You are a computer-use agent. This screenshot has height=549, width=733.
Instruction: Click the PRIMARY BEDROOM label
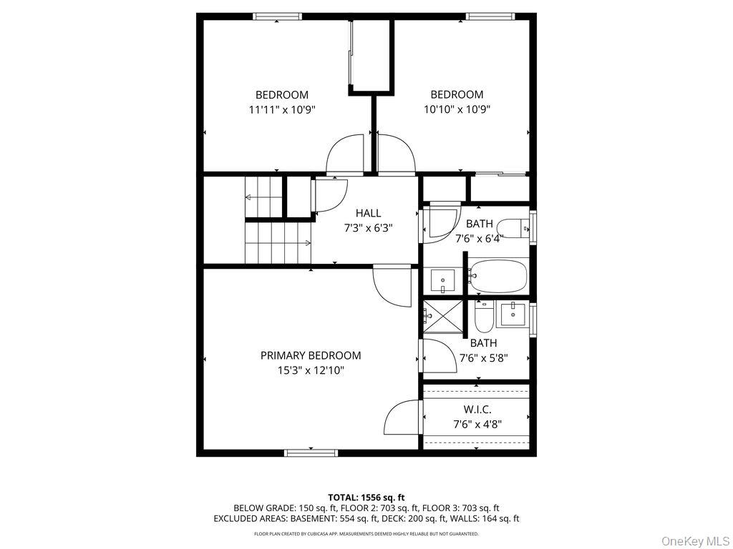(x=310, y=355)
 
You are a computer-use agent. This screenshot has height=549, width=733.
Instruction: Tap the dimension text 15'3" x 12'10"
(x=310, y=370)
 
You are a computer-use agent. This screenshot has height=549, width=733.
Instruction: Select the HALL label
(x=368, y=213)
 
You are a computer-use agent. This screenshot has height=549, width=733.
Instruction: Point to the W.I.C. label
(x=477, y=409)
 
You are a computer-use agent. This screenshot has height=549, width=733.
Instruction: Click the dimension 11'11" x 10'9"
(x=282, y=109)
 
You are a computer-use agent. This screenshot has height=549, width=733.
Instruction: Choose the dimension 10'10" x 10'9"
(x=456, y=109)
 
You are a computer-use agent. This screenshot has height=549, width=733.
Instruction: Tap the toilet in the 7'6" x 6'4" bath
(x=511, y=229)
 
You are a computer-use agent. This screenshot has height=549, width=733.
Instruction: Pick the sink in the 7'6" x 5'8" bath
(x=513, y=313)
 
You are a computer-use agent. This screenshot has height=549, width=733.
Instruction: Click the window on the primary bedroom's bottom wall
(x=311, y=452)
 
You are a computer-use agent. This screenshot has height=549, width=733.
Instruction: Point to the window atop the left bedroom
(x=278, y=16)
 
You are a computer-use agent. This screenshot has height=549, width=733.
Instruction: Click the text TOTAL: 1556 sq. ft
(x=366, y=497)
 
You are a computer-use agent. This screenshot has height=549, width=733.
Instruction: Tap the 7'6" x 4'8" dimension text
(x=477, y=424)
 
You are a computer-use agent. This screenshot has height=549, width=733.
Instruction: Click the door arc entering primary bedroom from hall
(x=392, y=285)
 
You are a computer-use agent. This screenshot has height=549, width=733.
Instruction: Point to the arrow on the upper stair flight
(x=251, y=197)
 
